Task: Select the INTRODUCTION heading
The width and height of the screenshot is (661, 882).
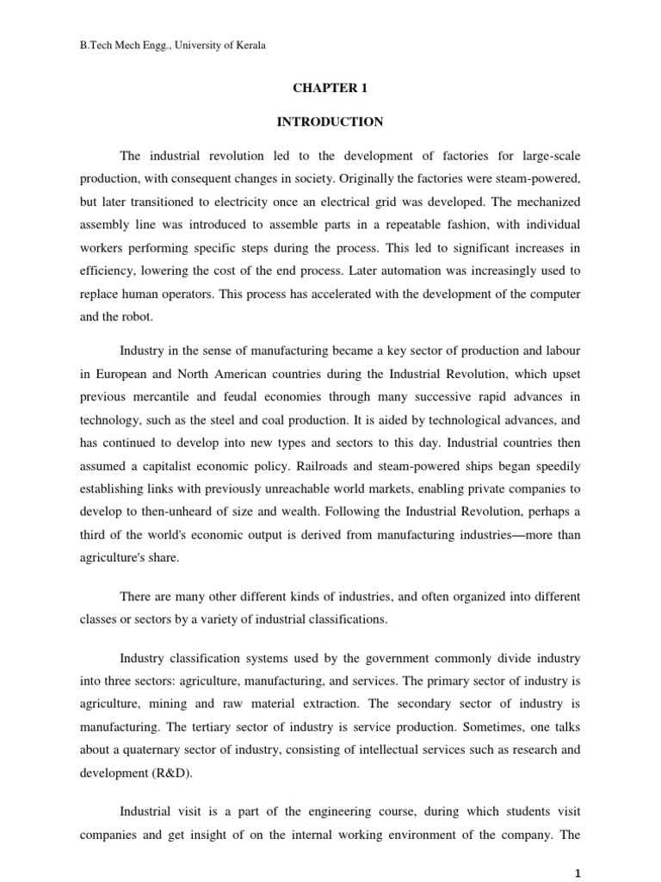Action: [x=330, y=122]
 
